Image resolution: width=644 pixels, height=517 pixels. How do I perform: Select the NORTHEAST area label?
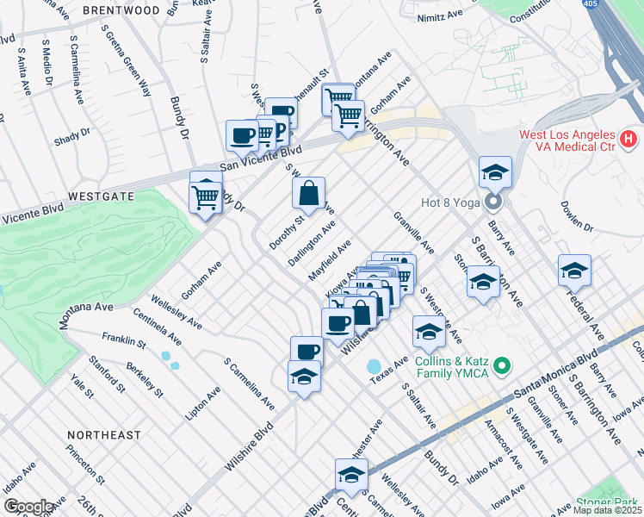pos(102,435)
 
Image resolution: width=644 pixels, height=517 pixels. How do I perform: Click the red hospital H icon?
pos(629,138)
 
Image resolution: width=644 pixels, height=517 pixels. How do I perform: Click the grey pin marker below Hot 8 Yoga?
pos(493,202)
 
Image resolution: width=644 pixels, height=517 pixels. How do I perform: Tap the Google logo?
pos(28,507)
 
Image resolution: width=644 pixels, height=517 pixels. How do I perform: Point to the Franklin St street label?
pos(123,340)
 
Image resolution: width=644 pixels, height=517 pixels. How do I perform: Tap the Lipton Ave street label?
pos(202,402)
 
